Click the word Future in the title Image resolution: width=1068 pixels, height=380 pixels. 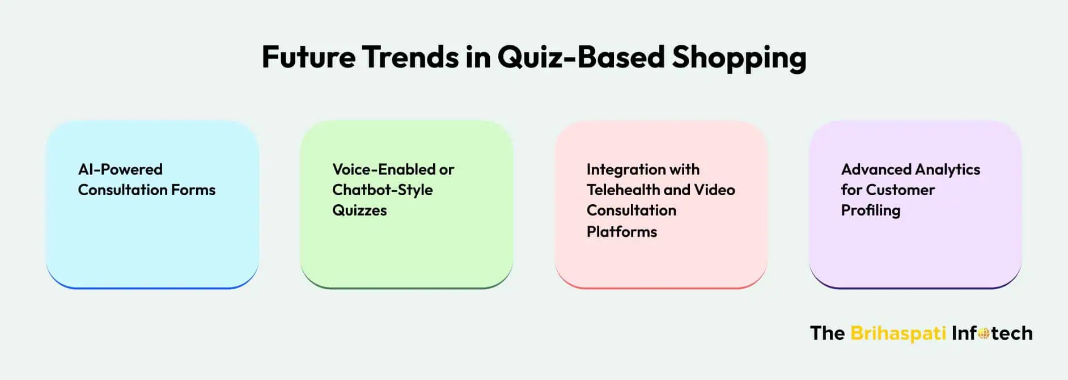(x=308, y=57)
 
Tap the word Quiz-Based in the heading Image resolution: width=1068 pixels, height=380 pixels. (x=581, y=57)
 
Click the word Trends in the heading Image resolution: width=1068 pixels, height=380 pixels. (x=410, y=57)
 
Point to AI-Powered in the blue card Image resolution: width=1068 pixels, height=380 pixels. (x=120, y=170)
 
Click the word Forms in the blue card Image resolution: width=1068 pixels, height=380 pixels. (x=193, y=190)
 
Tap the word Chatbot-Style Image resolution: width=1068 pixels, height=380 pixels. (x=382, y=190)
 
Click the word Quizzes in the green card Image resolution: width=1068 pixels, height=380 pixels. (x=359, y=210)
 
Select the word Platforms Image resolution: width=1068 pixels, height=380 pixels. (x=621, y=232)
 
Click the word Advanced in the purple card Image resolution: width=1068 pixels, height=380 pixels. (x=875, y=170)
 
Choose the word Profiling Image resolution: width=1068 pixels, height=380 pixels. (x=870, y=210)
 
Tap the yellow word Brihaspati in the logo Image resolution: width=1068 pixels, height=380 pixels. (x=898, y=333)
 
